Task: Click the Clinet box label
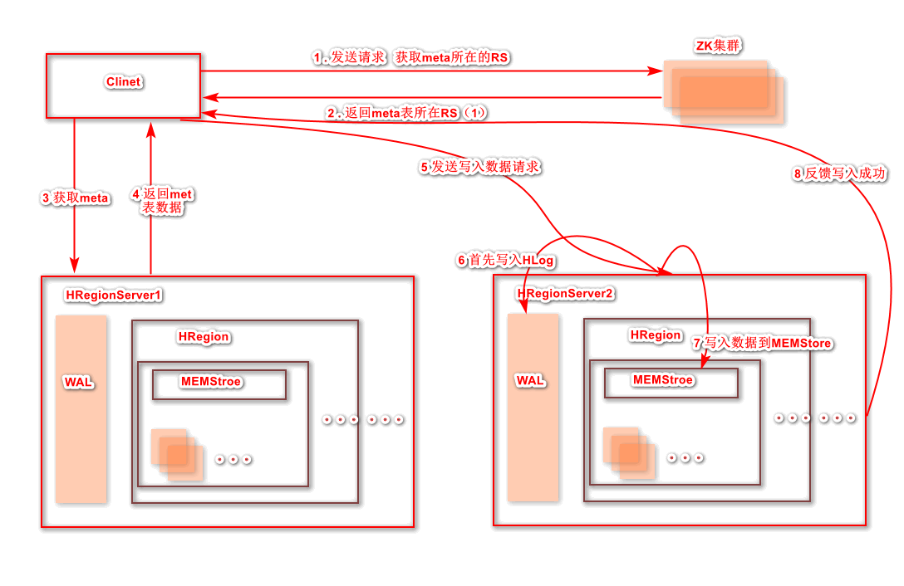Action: tap(123, 81)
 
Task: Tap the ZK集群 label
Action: tap(718, 45)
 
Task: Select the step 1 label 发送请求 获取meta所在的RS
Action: tap(410, 57)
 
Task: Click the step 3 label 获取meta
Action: tap(76, 198)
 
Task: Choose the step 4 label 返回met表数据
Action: tap(162, 201)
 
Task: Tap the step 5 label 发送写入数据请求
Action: tap(480, 167)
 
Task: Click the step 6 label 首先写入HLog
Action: tap(505, 260)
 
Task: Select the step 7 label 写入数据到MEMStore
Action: tap(762, 343)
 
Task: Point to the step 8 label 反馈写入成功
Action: tap(839, 173)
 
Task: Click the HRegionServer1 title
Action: tap(113, 295)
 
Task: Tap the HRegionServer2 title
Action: tap(566, 293)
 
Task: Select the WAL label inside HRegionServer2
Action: tap(531, 380)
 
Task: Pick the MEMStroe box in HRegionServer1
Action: tap(219, 384)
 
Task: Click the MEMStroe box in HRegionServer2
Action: tap(671, 383)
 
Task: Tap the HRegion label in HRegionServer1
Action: tap(204, 336)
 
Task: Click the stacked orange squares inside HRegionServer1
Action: tap(177, 454)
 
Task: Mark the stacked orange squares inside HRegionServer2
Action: tap(629, 452)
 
